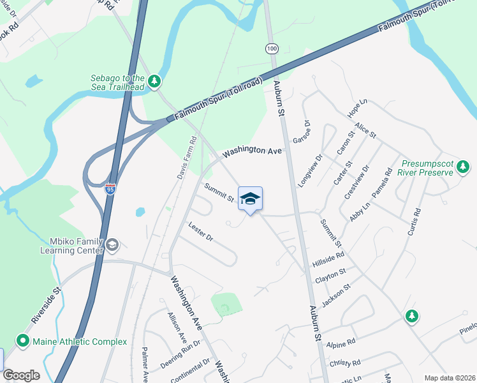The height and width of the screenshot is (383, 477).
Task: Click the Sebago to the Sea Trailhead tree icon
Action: (x=154, y=81)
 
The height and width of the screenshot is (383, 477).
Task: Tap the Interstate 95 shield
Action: (x=110, y=189)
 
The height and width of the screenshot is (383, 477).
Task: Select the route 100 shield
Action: (x=272, y=49)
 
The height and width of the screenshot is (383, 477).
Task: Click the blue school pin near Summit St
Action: (x=251, y=199)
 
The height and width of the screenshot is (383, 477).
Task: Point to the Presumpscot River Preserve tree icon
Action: (x=462, y=167)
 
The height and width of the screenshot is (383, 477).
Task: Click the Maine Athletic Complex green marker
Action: (x=24, y=342)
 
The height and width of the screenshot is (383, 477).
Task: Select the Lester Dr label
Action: (x=200, y=232)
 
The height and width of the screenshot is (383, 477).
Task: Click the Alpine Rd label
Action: (x=342, y=344)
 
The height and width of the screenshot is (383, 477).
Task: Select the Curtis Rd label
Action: (x=415, y=220)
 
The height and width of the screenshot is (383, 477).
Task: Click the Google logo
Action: (x=21, y=375)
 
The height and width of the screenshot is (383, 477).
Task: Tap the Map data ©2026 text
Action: (x=449, y=378)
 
